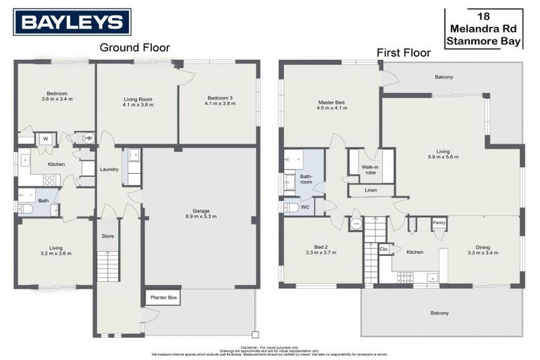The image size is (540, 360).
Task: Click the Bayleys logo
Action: (72, 22)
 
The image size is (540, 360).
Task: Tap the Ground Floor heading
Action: (134, 48)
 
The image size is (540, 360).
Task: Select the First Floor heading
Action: (404, 53)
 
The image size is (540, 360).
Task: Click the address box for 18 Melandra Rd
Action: (484, 29)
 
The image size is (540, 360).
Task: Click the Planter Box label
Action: (162, 298)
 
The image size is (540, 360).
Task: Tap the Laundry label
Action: (109, 169)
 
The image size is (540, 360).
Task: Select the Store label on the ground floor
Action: (108, 236)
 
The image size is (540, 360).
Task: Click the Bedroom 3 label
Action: (219, 101)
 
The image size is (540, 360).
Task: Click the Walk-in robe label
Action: (371, 169)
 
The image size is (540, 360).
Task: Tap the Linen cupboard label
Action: (370, 190)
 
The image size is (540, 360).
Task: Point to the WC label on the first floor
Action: (304, 207)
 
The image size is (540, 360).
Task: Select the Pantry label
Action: (439, 223)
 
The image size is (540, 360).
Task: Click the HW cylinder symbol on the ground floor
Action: (88, 138)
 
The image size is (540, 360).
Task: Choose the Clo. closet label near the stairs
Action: (384, 249)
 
